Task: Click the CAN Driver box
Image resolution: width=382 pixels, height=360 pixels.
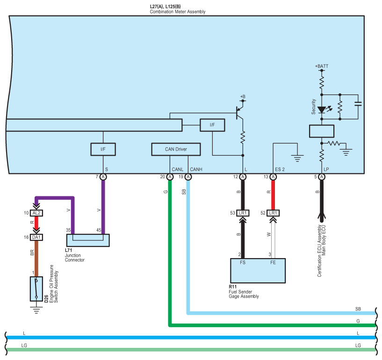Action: pyautogui.click(x=176, y=149)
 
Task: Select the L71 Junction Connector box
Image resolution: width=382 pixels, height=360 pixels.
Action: pyautogui.click(x=88, y=240)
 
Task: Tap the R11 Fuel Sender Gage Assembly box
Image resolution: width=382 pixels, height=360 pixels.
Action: pyautogui.click(x=258, y=271)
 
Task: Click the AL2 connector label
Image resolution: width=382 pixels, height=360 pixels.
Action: pyautogui.click(x=36, y=213)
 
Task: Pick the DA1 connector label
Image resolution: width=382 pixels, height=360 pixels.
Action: pyautogui.click(x=36, y=238)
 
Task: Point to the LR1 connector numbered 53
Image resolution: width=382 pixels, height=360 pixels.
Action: pyautogui.click(x=243, y=213)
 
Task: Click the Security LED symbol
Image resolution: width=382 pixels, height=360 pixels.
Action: pyautogui.click(x=322, y=110)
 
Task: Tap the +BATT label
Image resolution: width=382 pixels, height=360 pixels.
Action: pyautogui.click(x=322, y=66)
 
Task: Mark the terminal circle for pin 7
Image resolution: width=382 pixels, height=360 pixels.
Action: pyautogui.click(x=103, y=177)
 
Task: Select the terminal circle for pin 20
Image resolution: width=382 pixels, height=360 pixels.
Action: pyautogui.click(x=170, y=177)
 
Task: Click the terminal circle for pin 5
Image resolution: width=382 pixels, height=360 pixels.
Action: pyautogui.click(x=322, y=177)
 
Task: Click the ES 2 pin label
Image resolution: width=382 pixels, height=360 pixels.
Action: pyautogui.click(x=280, y=169)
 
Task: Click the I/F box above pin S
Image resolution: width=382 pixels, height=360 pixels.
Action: pyautogui.click(x=102, y=149)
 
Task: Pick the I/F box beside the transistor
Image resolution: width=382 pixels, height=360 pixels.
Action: pyautogui.click(x=212, y=125)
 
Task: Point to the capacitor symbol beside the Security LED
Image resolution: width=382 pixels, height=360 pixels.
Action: pyautogui.click(x=358, y=104)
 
